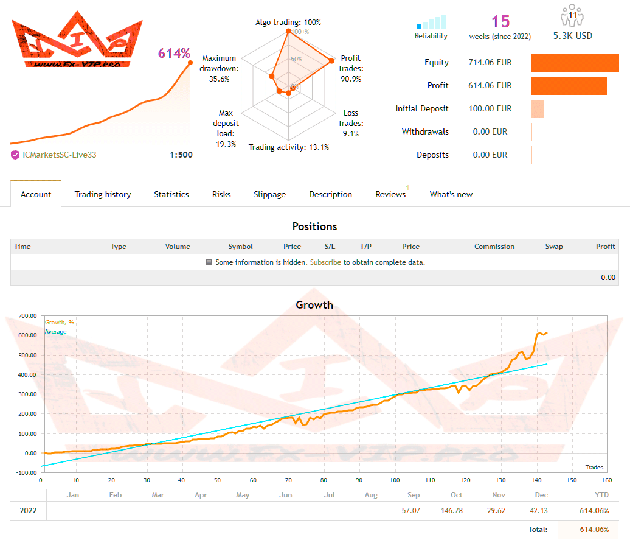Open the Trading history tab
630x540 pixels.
coord(103,194)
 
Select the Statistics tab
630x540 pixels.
coord(171,194)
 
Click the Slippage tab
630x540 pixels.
coord(269,194)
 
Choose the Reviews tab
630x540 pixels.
coord(390,194)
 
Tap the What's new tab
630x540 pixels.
coord(451,194)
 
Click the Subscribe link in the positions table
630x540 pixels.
coord(325,262)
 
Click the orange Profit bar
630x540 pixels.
coord(569,86)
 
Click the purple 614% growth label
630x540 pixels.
coord(174,54)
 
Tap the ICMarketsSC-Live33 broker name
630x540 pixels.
coord(59,155)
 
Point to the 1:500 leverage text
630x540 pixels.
coord(181,155)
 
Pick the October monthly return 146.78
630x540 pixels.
coord(457,510)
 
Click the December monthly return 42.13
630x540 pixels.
coord(541,510)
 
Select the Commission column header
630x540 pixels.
coord(494,247)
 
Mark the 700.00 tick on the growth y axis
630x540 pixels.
coord(28,316)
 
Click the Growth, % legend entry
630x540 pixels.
coord(60,323)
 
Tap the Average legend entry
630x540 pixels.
coord(55,332)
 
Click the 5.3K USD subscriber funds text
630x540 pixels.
coord(572,36)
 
